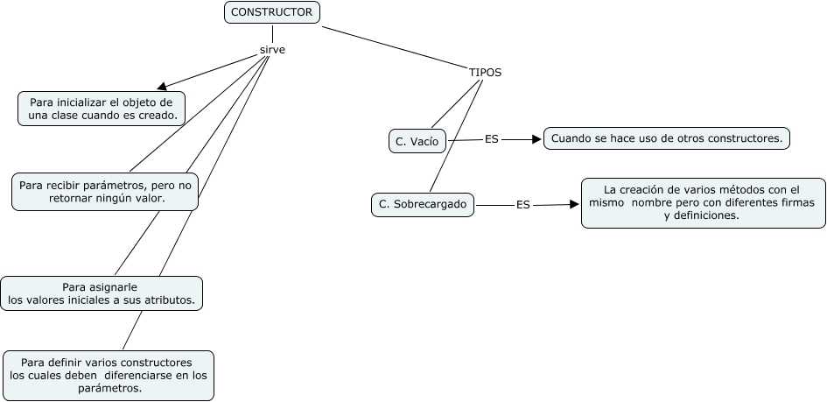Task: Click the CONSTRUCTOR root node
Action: tap(271, 12)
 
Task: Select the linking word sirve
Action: tap(273, 50)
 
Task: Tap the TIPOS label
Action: tap(485, 73)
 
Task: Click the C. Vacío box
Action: tap(417, 141)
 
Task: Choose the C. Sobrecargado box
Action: tap(423, 205)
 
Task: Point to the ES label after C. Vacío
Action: tap(491, 139)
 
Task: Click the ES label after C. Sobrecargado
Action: tap(522, 205)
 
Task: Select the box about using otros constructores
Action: tap(667, 138)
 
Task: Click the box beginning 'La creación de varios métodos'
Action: tap(703, 202)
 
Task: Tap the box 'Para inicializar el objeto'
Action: tap(102, 109)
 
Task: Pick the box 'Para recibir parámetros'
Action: tap(105, 192)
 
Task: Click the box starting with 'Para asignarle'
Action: tap(102, 293)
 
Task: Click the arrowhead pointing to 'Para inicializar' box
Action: tap(162, 87)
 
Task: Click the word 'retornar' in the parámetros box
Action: tap(73, 199)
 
